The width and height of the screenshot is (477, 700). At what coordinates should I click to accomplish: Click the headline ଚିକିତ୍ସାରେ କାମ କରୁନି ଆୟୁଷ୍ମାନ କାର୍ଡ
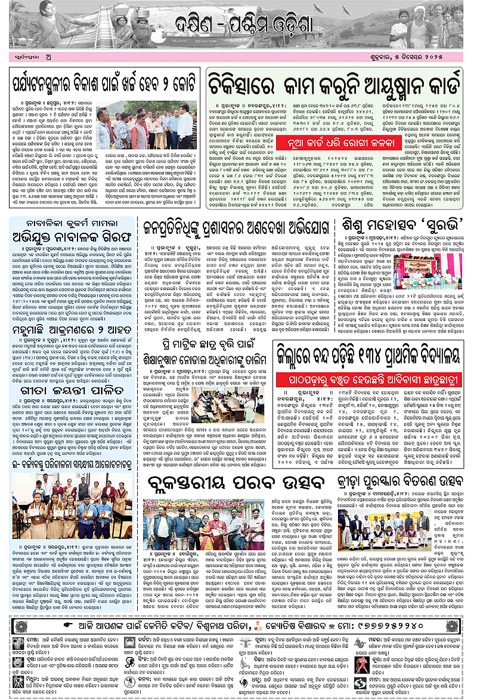tap(334, 79)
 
